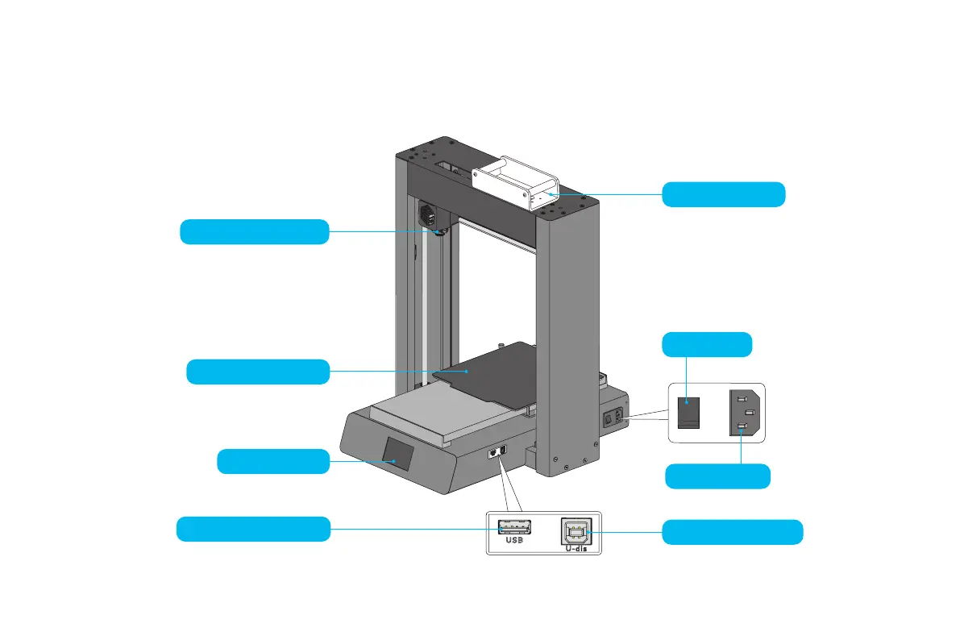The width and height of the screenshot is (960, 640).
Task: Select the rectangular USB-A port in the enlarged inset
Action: point(514,528)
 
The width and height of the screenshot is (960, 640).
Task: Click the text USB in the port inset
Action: point(514,542)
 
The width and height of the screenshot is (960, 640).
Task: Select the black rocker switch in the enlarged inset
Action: point(688,412)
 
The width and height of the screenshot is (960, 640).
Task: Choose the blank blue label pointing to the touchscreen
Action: point(273,462)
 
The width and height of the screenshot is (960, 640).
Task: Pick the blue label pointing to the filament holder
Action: point(723,194)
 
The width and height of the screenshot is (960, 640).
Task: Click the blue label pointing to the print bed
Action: point(258,372)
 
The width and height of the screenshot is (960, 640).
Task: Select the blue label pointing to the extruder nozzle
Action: point(254,231)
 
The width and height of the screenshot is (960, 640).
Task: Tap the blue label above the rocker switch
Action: point(707,344)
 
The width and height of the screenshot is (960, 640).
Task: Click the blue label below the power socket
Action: point(717,476)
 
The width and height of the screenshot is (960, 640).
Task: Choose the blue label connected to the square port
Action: point(732,532)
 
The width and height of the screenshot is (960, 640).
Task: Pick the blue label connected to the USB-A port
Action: point(253,529)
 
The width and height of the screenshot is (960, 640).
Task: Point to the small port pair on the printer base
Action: point(497,453)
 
